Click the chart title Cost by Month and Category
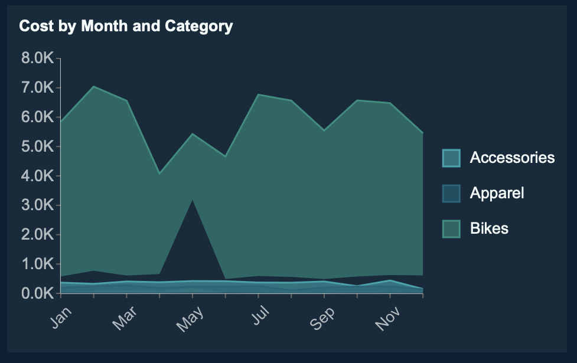click(x=126, y=26)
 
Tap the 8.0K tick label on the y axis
click(x=37, y=58)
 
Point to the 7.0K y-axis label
click(x=37, y=87)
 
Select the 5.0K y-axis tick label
click(x=37, y=146)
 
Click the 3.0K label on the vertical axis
click(x=37, y=205)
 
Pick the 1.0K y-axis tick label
click(x=37, y=264)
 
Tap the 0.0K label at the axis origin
click(x=37, y=293)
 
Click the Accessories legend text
click(x=512, y=158)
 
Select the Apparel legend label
click(x=497, y=193)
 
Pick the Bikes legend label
click(x=489, y=228)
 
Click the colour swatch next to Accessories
click(x=451, y=158)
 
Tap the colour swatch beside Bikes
click(x=451, y=228)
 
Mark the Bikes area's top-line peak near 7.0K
click(x=93, y=87)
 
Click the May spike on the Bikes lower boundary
click(x=193, y=200)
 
